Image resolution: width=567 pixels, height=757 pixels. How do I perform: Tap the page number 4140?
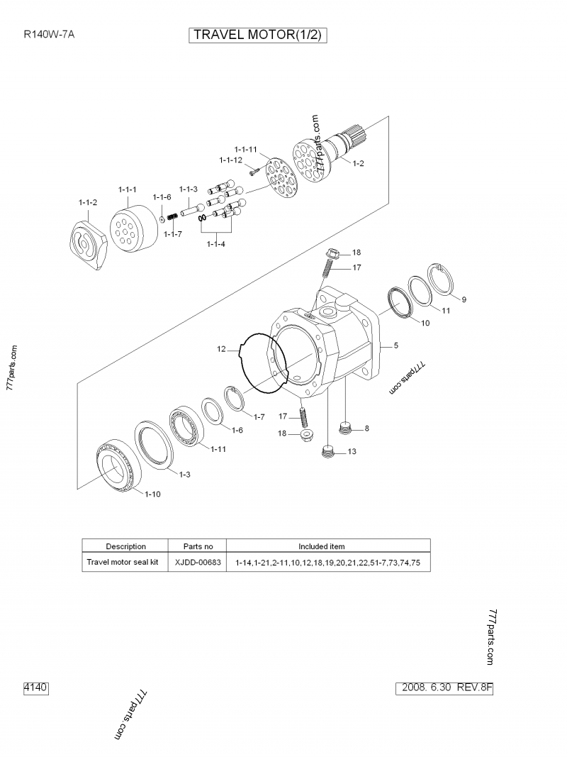pos(35,687)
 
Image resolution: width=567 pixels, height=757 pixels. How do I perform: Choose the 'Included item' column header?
pos(321,546)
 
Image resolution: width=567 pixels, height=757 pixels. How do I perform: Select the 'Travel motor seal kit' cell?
pos(122,562)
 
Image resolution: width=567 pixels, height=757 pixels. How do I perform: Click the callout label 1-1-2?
pos(88,202)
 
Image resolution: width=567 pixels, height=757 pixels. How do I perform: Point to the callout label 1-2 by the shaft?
pos(358,164)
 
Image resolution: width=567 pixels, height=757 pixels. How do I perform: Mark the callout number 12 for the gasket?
pos(221,349)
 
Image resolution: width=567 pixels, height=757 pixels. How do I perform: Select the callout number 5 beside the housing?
pos(395,346)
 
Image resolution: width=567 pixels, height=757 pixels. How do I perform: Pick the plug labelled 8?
pos(346,428)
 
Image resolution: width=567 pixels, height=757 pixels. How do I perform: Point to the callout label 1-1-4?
pos(216,244)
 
